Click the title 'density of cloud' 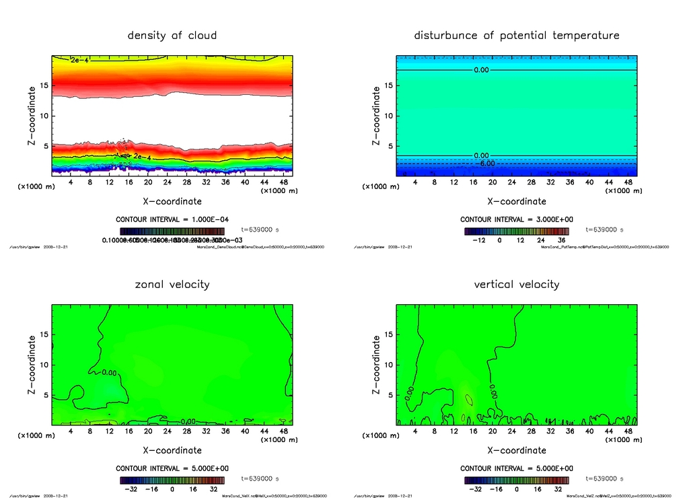172,35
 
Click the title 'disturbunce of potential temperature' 516,35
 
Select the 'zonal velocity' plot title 172,284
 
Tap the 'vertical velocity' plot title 516,284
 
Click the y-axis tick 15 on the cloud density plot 44,85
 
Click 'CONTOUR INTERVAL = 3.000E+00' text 517,219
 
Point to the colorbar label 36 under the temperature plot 563,240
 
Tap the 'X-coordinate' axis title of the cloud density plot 172,201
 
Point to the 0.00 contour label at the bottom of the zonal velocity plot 188,421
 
